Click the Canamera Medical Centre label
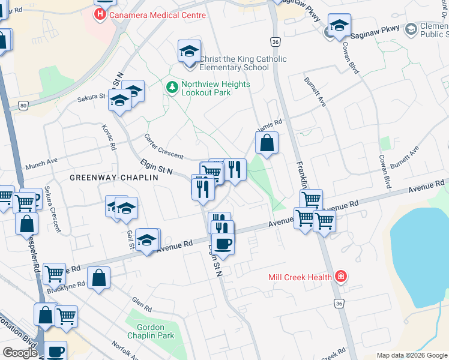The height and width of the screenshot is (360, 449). (x=156, y=13)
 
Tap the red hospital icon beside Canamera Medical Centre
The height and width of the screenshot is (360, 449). (x=100, y=13)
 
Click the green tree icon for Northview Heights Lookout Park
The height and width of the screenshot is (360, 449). (x=172, y=88)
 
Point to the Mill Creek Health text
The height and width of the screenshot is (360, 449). (x=300, y=277)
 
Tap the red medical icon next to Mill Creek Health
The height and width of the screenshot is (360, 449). (x=341, y=277)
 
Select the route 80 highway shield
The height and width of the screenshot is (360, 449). (x=23, y=106)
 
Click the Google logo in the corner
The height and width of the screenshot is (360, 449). (x=20, y=353)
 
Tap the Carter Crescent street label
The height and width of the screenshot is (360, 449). (x=163, y=146)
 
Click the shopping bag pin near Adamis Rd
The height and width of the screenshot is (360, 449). (x=267, y=144)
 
